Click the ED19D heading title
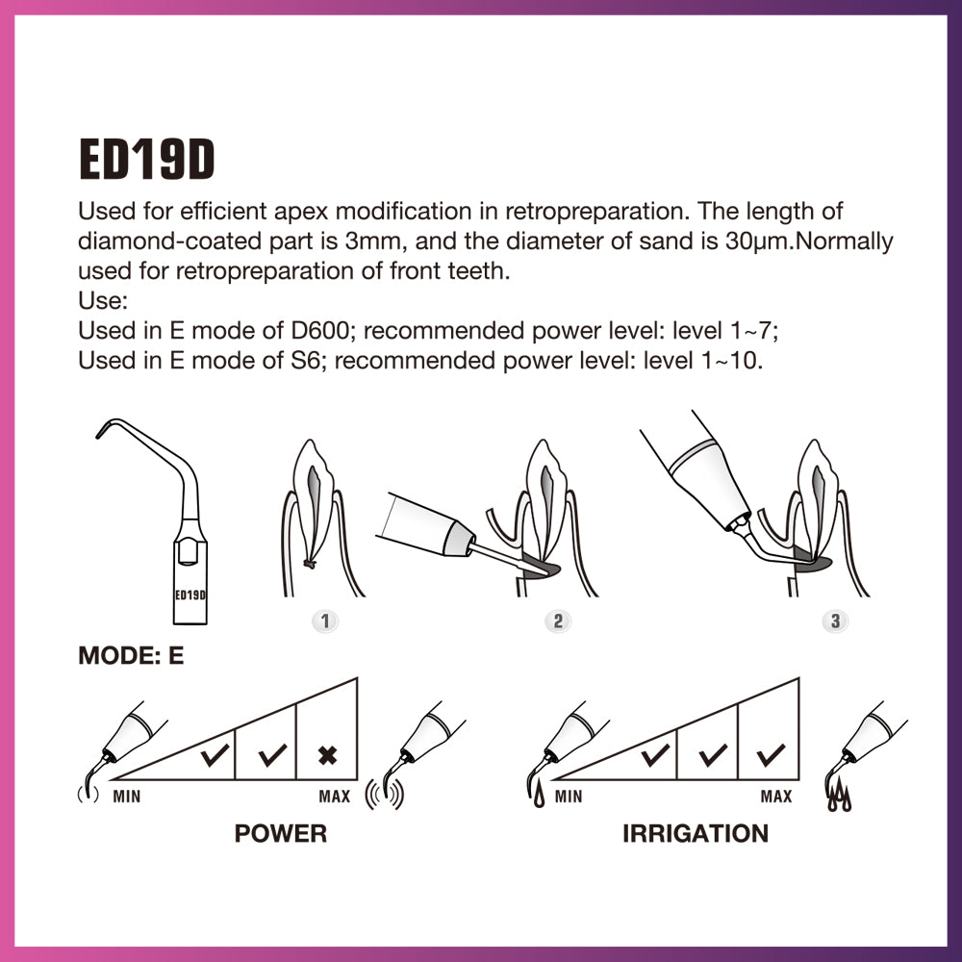point(146,161)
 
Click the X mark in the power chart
point(327,755)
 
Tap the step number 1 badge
point(325,621)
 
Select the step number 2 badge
point(557,621)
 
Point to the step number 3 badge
point(835,621)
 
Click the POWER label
point(280,833)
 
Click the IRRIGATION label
point(695,833)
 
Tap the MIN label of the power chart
point(127,797)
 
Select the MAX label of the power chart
point(335,797)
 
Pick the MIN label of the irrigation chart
point(568,797)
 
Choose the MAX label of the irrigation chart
point(775,797)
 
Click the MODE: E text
point(131,656)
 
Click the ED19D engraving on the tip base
point(190,595)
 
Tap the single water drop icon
point(535,795)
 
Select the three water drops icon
point(840,797)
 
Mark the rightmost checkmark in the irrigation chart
point(770,755)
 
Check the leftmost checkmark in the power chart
point(215,755)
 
